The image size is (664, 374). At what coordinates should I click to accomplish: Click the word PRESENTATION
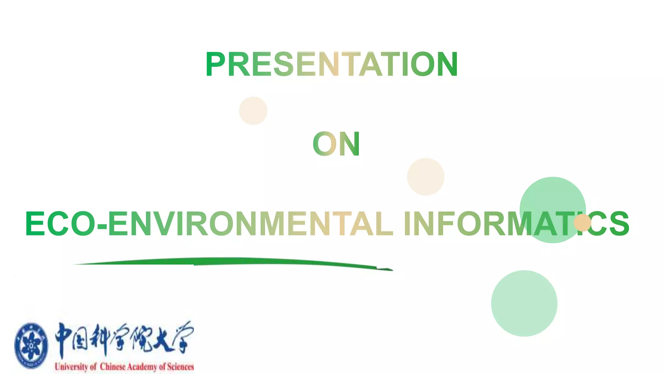pyautogui.click(x=331, y=64)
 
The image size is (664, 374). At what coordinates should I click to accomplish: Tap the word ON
pyautogui.click(x=336, y=144)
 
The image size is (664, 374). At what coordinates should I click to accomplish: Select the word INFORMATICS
pyautogui.click(x=516, y=223)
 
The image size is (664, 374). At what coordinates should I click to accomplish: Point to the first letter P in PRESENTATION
pyautogui.click(x=215, y=64)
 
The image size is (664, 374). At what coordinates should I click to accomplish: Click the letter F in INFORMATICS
pyautogui.click(x=445, y=223)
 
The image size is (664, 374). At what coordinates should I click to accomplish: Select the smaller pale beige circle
pyautogui.click(x=253, y=111)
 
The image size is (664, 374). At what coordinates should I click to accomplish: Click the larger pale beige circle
pyautogui.click(x=425, y=177)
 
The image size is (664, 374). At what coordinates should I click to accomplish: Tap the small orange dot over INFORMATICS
pyautogui.click(x=582, y=222)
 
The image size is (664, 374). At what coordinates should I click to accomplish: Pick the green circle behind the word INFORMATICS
pyautogui.click(x=552, y=195)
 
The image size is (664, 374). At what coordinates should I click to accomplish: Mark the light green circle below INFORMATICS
pyautogui.click(x=524, y=303)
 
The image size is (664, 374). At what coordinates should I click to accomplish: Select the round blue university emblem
pyautogui.click(x=31, y=345)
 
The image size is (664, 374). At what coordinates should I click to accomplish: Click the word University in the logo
pyautogui.click(x=71, y=367)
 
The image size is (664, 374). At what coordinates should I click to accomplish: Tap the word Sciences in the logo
pyautogui.click(x=180, y=367)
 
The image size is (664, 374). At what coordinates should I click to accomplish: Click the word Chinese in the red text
pyautogui.click(x=113, y=367)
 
